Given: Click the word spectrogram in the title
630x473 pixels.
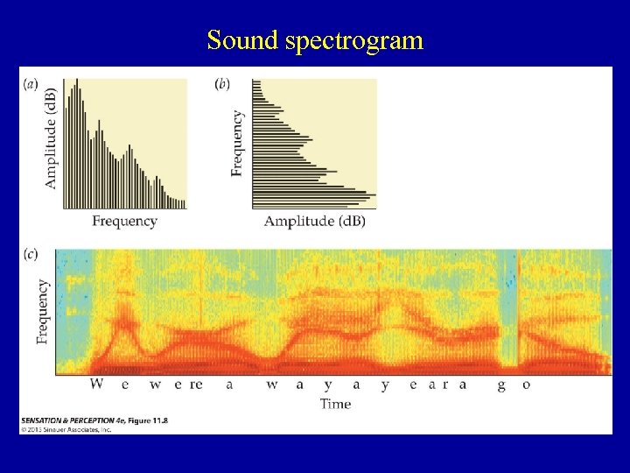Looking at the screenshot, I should pos(353,41).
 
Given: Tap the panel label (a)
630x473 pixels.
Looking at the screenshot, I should pos(31,85).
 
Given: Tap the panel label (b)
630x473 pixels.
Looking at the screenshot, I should pos(222,85).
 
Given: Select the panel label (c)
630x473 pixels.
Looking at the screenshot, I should pos(31,255).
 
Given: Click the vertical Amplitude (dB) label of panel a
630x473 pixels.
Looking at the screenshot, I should pos(50,138).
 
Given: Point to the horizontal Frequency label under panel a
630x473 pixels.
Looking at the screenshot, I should pos(124,222).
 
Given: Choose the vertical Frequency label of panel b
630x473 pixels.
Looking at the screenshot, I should pos(237,143).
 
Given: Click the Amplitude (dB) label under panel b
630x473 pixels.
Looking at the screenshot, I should pos(314,222).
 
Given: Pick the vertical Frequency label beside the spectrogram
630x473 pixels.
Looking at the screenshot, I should pos(43,311).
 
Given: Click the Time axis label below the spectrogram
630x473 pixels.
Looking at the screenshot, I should pos(335,404).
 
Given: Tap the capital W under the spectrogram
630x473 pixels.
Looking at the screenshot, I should pos(96,385).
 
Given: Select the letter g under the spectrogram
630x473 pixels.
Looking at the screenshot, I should pos(502,386).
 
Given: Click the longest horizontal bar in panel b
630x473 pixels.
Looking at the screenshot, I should pos(314,194).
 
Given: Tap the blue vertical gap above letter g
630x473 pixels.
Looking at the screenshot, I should pos(507,307).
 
